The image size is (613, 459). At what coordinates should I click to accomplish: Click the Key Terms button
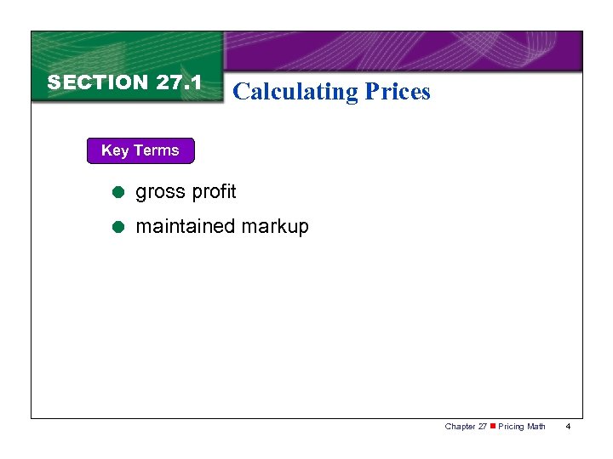click(140, 150)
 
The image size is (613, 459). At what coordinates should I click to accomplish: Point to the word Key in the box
click(114, 150)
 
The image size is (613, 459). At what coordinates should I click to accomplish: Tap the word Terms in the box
click(155, 150)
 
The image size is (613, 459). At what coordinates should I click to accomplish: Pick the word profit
click(214, 192)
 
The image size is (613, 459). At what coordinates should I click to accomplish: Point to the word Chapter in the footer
click(460, 426)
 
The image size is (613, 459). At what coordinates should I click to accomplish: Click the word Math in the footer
click(536, 426)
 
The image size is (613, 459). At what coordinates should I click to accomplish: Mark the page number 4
click(568, 426)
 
